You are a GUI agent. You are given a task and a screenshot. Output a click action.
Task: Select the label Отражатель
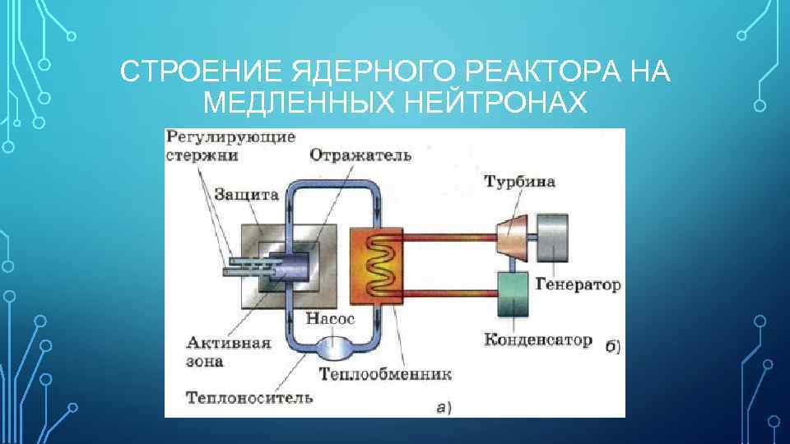pyautogui.click(x=360, y=155)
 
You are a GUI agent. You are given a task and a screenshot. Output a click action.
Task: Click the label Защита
pyautogui.click(x=246, y=194)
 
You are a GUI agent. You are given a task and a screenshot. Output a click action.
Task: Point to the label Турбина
pyautogui.click(x=519, y=181)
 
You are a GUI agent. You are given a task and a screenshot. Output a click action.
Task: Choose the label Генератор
pyautogui.click(x=578, y=285)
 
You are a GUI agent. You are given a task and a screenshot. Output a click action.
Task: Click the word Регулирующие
pyautogui.click(x=230, y=136)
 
